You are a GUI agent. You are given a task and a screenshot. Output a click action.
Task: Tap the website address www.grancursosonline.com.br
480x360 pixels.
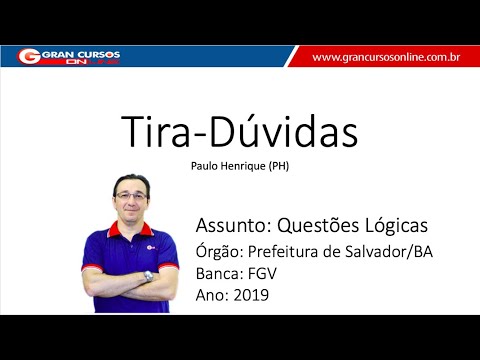coord(385,57)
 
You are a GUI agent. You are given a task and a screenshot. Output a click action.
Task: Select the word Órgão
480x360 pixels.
coord(217,250)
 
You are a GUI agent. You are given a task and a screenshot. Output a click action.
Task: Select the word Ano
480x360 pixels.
coord(212,295)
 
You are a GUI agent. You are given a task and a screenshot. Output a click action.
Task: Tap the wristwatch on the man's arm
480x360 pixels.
coord(148,276)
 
